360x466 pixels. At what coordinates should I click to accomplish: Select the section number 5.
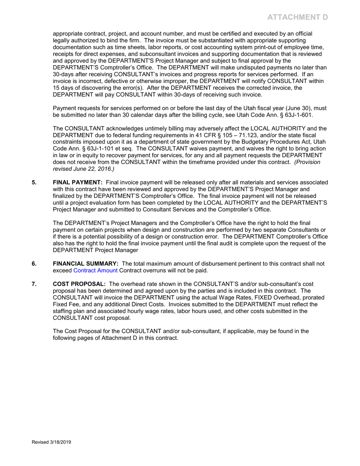[34, 182]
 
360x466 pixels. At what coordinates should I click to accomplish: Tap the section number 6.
[34, 264]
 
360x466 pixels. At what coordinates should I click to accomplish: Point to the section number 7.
[34, 284]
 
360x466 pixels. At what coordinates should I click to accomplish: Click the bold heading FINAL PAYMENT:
[78, 182]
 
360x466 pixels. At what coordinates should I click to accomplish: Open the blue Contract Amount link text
[95, 271]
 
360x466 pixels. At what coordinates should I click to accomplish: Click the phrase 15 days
[64, 88]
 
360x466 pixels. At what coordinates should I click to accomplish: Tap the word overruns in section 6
[153, 271]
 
